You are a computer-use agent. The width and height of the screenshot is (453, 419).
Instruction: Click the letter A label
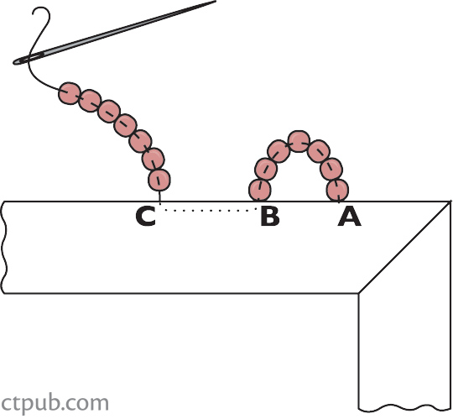pos(349,217)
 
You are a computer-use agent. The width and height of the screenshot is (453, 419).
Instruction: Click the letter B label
pos(270,217)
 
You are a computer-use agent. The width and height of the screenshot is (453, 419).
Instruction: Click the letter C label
pos(146,217)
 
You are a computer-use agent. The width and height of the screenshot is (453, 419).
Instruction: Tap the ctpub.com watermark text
pos(55,403)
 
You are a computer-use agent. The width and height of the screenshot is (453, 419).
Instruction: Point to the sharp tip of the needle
pos(216,2)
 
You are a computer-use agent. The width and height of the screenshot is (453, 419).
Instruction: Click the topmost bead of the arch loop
pos(299,141)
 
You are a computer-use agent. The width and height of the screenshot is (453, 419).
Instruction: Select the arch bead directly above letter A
pos(337,190)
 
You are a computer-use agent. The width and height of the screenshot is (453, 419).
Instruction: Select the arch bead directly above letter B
pos(260,190)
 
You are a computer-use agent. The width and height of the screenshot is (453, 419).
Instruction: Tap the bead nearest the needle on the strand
pos(69,93)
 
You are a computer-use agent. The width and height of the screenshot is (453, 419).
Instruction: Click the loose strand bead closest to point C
pos(159,180)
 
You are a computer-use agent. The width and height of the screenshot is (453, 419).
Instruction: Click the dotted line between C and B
pos(211,210)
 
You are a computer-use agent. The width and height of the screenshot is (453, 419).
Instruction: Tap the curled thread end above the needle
pos(40,18)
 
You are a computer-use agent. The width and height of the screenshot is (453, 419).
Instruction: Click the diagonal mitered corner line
pos(404,247)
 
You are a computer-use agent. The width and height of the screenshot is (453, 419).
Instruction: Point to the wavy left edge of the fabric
pos(4,247)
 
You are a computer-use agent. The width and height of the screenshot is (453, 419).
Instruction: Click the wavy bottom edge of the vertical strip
pos(404,408)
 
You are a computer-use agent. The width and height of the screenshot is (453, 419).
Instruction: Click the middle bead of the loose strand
pos(125,125)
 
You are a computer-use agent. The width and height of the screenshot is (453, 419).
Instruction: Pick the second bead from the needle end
pos(90,101)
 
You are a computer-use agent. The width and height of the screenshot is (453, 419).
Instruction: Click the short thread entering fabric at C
pos(159,196)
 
